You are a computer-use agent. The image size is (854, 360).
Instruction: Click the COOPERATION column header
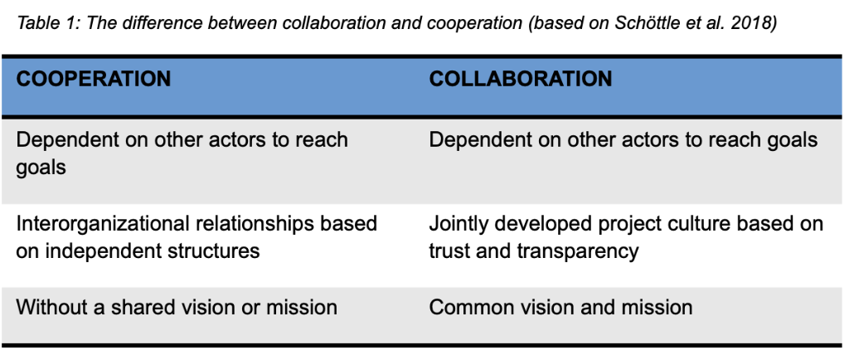(x=93, y=79)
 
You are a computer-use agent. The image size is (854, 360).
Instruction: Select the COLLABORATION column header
(x=520, y=79)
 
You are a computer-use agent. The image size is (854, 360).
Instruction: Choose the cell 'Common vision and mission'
(x=560, y=307)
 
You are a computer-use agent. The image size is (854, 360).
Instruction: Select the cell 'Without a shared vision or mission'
(x=177, y=307)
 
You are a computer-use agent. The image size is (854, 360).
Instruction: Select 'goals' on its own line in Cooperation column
(x=41, y=168)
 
